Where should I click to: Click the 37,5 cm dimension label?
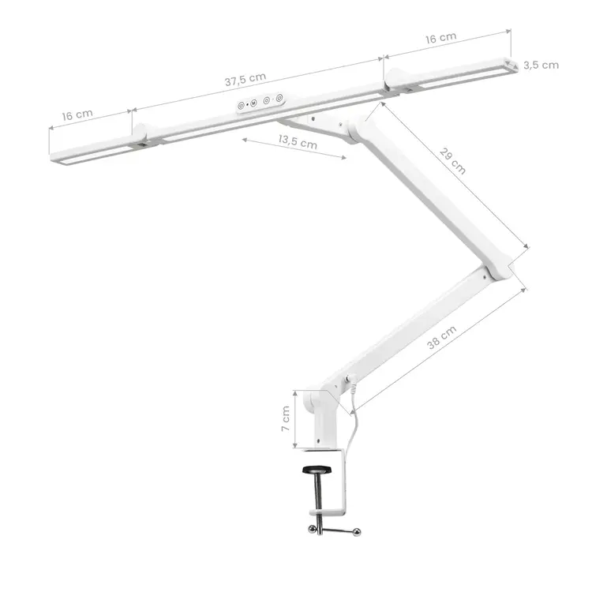(x=245, y=80)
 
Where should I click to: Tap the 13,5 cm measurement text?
(x=298, y=143)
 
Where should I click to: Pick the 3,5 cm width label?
(x=541, y=65)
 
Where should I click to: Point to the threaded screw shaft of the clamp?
(x=317, y=493)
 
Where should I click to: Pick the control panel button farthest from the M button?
(x=279, y=99)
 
